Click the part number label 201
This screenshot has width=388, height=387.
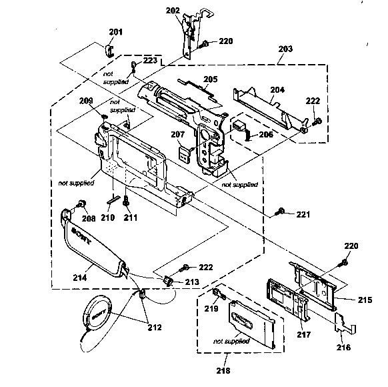(x=116, y=33)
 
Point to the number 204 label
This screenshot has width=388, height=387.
(x=277, y=89)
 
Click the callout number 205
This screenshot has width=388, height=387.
(x=210, y=79)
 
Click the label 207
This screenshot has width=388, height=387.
(x=177, y=135)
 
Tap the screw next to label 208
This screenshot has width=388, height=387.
(x=81, y=203)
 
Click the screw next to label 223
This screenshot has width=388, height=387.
(x=135, y=65)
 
